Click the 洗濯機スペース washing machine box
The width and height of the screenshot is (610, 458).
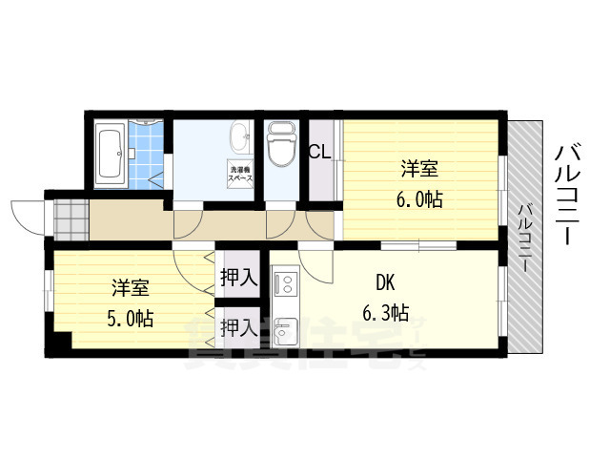click(x=240, y=177)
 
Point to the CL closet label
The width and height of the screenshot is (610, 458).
click(x=319, y=151)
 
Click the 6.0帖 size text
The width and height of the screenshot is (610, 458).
click(x=419, y=200)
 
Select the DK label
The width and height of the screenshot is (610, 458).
click(x=384, y=282)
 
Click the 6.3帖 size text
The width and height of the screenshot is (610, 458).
click(x=385, y=313)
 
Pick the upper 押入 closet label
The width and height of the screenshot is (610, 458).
click(x=238, y=279)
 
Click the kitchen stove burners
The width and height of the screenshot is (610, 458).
click(x=286, y=283)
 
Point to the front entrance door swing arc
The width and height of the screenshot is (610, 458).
click(x=27, y=215)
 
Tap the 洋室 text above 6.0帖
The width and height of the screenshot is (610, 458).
click(x=419, y=170)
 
